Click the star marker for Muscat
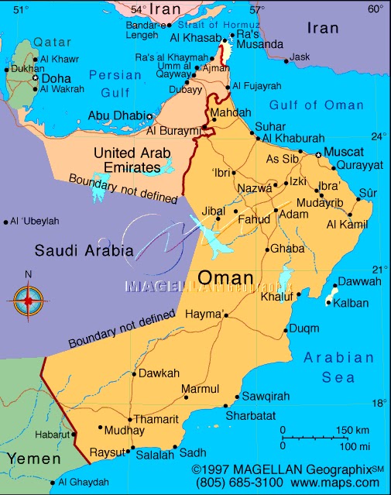point(318,155)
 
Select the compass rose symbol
point(29,299)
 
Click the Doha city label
point(56,78)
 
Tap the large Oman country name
point(225,277)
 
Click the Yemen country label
point(33,459)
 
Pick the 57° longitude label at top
point(256,9)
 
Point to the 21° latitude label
point(378,268)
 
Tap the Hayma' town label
point(205,315)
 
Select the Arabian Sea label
point(339,367)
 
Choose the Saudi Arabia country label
point(84,250)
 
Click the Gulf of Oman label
point(314,105)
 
